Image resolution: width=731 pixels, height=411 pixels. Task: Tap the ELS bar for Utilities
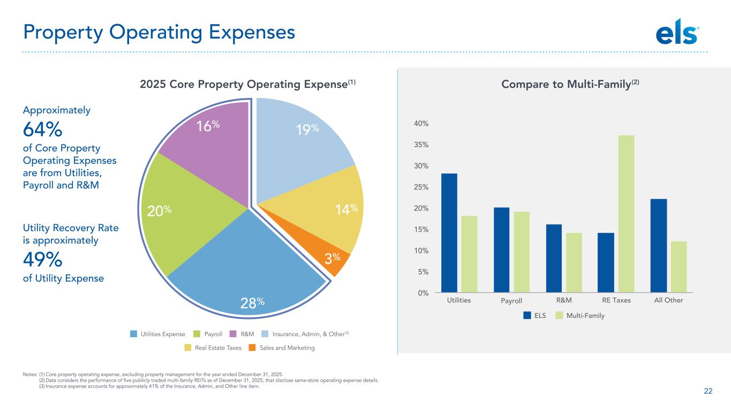pos(449,233)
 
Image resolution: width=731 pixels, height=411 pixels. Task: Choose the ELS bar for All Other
pos(658,246)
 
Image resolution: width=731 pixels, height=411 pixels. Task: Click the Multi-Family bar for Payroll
pos(522,252)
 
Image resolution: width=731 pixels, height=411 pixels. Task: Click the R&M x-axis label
pos(564,300)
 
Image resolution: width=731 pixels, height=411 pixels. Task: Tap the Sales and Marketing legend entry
pos(282,348)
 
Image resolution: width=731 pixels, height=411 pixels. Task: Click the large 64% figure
pos(42,130)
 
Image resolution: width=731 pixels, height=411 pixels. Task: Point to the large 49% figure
pos(42,260)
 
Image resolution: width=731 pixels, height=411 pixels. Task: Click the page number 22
pos(708,391)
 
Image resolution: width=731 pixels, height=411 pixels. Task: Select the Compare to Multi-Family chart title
pos(564,84)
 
